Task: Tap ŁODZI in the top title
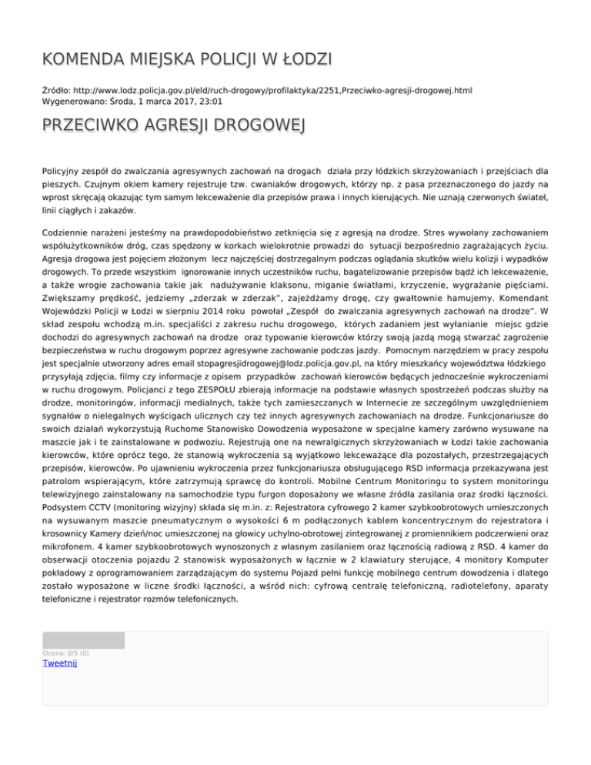pos(306,59)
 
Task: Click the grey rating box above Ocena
pos(83,640)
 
